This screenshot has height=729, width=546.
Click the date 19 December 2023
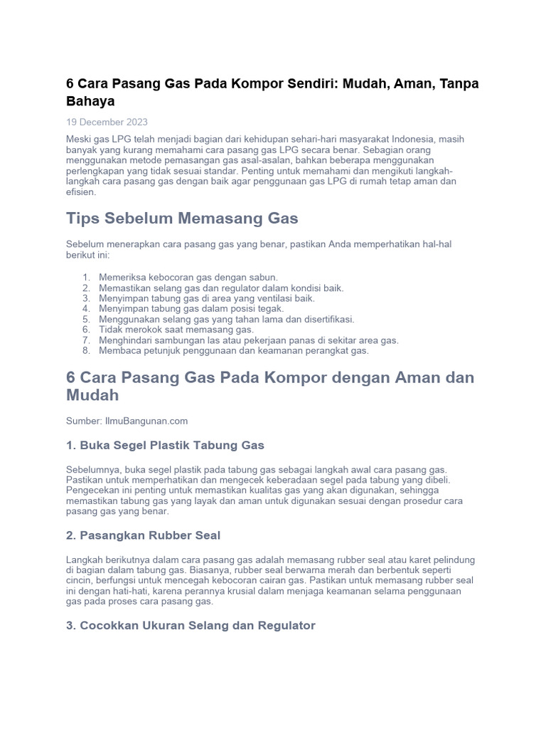coord(107,122)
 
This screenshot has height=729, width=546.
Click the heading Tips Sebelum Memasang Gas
coord(182,218)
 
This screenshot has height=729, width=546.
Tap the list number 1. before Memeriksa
coord(86,277)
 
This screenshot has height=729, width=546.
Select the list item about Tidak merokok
coord(176,330)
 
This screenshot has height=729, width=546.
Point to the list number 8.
coord(86,351)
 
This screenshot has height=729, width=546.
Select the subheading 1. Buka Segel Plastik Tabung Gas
coord(165,445)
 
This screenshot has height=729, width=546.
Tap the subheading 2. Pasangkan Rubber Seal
coord(143,535)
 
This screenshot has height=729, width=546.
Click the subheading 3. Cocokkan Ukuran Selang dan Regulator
coord(191,625)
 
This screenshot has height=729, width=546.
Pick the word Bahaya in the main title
coord(90,101)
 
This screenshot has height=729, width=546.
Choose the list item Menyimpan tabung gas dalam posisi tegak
coord(191,309)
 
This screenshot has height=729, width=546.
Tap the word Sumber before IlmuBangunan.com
coord(82,421)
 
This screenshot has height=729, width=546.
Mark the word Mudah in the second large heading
coord(92,394)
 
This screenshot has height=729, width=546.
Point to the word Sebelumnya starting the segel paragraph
coord(92,470)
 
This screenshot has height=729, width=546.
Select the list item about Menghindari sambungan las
coord(249,340)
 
